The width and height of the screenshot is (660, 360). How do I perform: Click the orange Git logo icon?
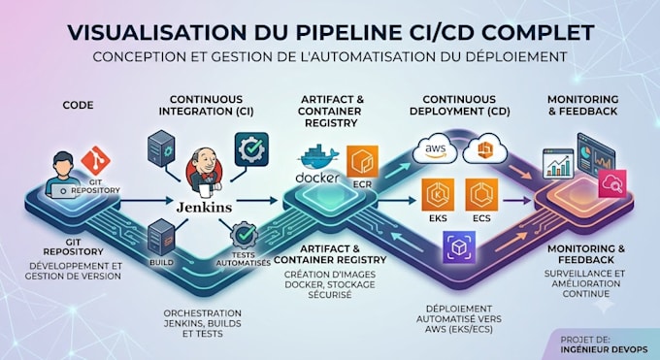pyautogui.click(x=95, y=160)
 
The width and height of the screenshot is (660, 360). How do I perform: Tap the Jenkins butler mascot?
pyautogui.click(x=204, y=172)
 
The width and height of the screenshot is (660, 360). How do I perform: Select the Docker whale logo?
pyautogui.click(x=317, y=157)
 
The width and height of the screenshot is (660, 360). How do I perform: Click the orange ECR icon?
pyautogui.click(x=362, y=162)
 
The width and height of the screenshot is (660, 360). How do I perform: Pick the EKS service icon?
pyautogui.click(x=438, y=194)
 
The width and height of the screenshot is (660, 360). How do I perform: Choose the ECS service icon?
pyautogui.click(x=481, y=194)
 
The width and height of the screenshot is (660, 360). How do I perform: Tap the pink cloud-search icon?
pyautogui.click(x=612, y=183)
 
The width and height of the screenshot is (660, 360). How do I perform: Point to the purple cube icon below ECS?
pyautogui.click(x=459, y=247)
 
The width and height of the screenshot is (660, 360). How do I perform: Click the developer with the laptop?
pyautogui.click(x=63, y=175)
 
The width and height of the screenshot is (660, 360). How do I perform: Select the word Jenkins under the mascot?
pyautogui.click(x=204, y=207)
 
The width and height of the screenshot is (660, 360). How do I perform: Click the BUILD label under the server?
pyautogui.click(x=161, y=262)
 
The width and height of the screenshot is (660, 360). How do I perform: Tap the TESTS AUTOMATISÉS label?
pyautogui.click(x=244, y=259)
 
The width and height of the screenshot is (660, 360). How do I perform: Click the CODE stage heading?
pyautogui.click(x=78, y=105)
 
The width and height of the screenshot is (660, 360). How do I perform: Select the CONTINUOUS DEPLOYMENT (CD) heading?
pyautogui.click(x=460, y=105)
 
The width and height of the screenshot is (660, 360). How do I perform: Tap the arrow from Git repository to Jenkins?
pyautogui.click(x=146, y=201)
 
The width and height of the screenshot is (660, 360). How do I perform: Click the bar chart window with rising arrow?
pyautogui.click(x=558, y=163)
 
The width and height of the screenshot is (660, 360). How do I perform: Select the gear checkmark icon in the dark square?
pyautogui.click(x=251, y=149)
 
